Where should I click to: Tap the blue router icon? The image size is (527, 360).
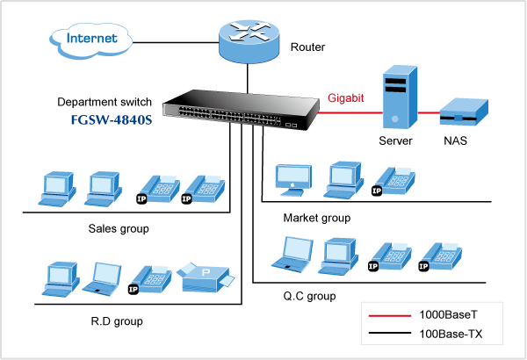click(x=249, y=39)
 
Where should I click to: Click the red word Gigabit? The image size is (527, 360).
click(x=347, y=98)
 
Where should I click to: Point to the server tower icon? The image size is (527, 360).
click(x=394, y=97)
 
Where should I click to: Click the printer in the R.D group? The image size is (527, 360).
click(x=206, y=279)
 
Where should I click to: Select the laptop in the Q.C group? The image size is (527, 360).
click(x=289, y=254)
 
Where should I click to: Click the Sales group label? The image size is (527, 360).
click(x=119, y=229)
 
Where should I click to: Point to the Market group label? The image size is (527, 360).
click(x=316, y=218)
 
